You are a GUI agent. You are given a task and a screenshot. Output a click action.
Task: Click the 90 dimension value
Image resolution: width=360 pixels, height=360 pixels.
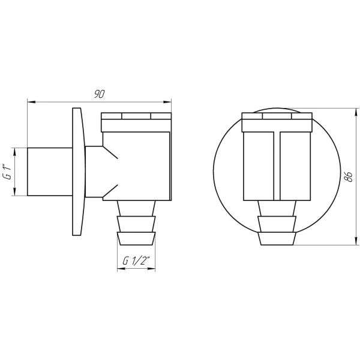pyautogui.click(x=100, y=94)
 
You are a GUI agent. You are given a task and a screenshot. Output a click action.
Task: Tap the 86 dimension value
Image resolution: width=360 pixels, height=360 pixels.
pyautogui.click(x=349, y=176)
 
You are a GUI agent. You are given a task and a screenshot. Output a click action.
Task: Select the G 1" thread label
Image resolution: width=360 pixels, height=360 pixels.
pyautogui.click(x=7, y=172)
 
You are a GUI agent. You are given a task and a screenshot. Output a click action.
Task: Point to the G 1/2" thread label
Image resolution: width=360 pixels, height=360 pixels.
pyautogui.click(x=136, y=260)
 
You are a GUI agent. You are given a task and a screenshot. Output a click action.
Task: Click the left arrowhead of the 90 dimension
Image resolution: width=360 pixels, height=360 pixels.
pyautogui.click(x=31, y=102)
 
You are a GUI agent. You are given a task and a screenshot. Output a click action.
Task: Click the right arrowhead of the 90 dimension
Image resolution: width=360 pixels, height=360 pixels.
pyautogui.click(x=167, y=102)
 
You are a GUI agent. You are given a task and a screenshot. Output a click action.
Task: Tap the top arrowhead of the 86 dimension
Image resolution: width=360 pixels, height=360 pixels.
pyautogui.click(x=356, y=112)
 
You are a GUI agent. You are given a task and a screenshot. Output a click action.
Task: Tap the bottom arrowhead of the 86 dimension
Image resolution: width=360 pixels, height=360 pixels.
pyautogui.click(x=356, y=241)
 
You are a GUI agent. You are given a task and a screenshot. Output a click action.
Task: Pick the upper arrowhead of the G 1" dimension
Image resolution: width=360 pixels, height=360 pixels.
pyautogui.click(x=14, y=152)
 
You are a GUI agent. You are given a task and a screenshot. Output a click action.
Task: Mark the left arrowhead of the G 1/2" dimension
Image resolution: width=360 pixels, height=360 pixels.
pyautogui.click(x=121, y=268)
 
